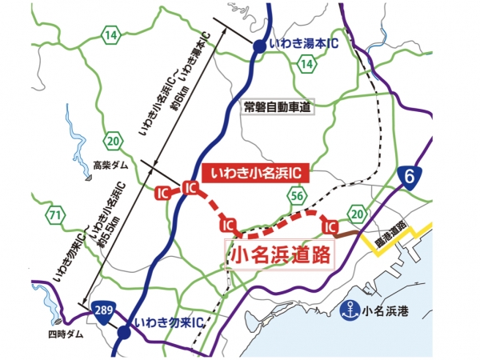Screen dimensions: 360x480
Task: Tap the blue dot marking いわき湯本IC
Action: coord(259,47)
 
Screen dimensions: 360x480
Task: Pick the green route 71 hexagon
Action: coord(55,215)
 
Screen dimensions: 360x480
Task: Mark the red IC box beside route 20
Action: coord(329,228)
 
